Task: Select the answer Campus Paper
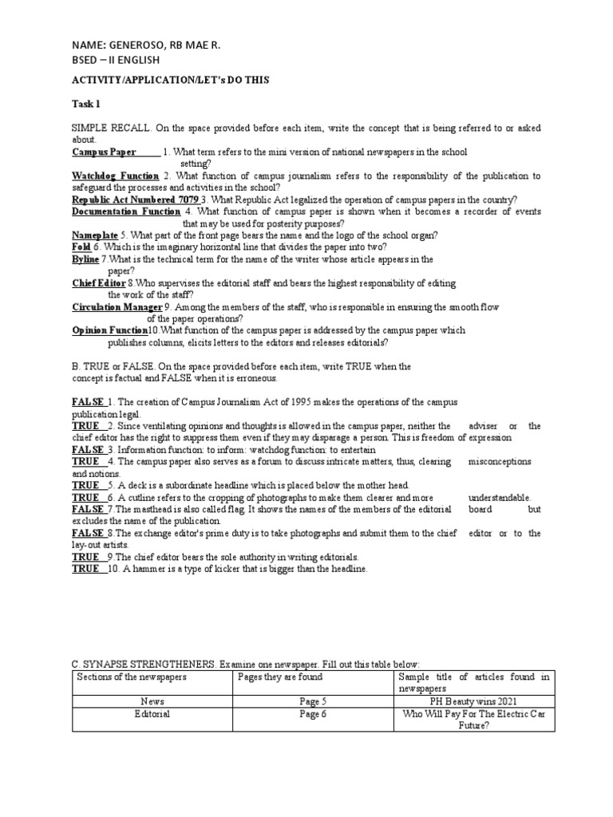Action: (104, 152)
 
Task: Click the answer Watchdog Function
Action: (115, 176)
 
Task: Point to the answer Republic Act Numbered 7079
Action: (135, 199)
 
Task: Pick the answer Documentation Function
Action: (126, 211)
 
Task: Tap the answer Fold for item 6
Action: (81, 247)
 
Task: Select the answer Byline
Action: (85, 259)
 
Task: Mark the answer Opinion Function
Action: (109, 330)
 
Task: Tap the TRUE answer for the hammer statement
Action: (85, 569)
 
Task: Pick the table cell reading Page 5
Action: (311, 701)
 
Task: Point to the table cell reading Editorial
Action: (152, 714)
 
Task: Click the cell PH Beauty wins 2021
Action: (474, 701)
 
